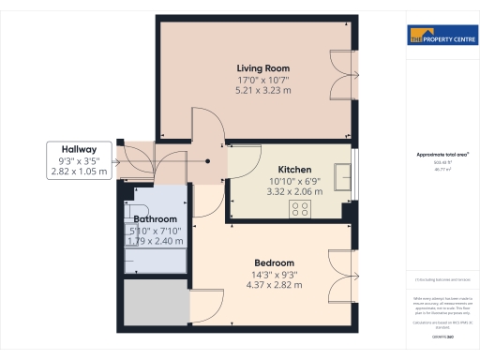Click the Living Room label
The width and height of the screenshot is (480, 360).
tap(262, 68)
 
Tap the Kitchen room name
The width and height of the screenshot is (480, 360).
tap(294, 169)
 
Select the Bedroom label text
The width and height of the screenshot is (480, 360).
tap(275, 262)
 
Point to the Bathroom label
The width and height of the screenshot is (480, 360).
tap(155, 219)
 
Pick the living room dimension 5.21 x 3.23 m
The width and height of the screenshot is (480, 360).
tap(262, 91)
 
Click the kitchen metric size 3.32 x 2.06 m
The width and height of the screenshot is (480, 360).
tap(294, 191)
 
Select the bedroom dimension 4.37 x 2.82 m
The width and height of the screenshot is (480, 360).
tap(275, 285)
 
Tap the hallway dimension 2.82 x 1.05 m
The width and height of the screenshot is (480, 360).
tap(81, 172)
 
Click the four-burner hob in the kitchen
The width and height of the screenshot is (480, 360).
tap(301, 209)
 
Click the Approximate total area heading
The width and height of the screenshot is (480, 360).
tap(435, 154)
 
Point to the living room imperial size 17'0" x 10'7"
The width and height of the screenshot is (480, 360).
tap(262, 80)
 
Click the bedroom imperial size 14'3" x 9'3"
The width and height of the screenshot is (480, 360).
tap(275, 274)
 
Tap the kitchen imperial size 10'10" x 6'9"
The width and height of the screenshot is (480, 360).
tap(294, 180)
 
